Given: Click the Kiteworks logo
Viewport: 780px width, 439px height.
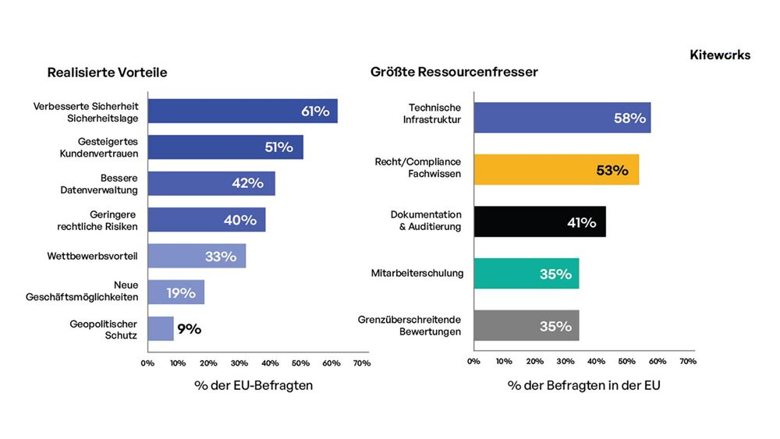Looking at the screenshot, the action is point(720,55).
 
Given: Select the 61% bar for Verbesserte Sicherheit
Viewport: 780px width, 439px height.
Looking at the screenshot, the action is point(243,111).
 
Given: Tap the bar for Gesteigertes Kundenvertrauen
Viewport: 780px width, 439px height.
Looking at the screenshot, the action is point(225,147).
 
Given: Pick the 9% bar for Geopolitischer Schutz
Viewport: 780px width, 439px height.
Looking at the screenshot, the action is point(161,328).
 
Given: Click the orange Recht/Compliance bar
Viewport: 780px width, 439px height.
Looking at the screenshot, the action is point(556,169).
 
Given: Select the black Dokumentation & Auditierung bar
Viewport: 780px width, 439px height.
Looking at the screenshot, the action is point(540,221).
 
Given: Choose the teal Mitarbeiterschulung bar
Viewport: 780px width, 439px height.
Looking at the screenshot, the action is point(526,274).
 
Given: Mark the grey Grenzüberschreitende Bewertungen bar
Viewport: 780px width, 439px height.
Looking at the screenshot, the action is point(526,326).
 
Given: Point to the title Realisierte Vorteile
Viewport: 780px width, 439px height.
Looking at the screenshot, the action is point(107,73).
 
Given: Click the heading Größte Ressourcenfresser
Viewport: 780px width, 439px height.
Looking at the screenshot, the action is point(454,72).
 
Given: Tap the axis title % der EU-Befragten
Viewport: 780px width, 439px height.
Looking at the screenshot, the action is point(253,385).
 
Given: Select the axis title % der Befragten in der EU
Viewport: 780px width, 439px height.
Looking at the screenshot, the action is point(584,385).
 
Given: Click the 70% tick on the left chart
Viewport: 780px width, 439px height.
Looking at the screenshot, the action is point(362,363).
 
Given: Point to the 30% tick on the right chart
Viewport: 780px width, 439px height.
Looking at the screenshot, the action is point(565,362).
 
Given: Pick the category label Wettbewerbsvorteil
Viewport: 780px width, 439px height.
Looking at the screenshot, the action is point(92,256).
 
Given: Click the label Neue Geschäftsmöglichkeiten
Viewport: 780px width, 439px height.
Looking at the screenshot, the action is point(82,291).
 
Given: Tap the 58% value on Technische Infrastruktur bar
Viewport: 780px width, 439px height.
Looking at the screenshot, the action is point(629,119).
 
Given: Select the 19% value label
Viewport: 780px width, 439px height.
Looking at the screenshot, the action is point(181,293).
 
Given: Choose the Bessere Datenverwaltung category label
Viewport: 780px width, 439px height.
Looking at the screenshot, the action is point(99,184).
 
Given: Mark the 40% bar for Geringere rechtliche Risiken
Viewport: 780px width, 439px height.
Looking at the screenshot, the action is point(207,220).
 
